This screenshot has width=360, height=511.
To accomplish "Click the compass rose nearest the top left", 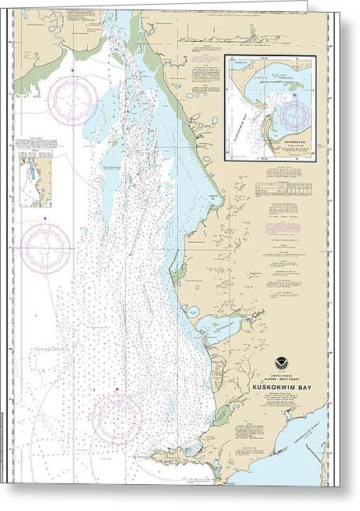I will pyautogui.click(x=72, y=100).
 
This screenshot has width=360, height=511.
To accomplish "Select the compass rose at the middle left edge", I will pyautogui.click(x=46, y=248).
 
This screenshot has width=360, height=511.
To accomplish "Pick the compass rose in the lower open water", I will pyautogui.click(x=116, y=419).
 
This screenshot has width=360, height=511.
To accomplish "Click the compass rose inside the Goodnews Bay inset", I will pyautogui.click(x=294, y=115).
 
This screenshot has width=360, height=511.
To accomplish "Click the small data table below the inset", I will pyautogui.click(x=282, y=189).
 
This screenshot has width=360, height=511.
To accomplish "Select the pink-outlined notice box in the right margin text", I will pyautogui.click(x=282, y=228).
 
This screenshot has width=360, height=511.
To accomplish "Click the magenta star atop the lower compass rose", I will pyautogui.click(x=116, y=390).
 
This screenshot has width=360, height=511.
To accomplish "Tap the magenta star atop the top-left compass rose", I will pyautogui.click(x=72, y=71).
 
